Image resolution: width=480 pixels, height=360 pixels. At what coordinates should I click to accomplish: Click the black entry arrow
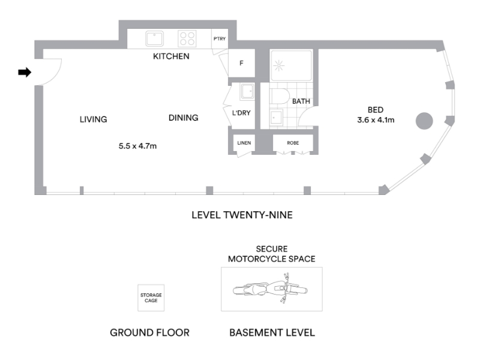[x=25, y=73]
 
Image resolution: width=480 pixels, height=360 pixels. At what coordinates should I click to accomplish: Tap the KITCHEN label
[x=171, y=56]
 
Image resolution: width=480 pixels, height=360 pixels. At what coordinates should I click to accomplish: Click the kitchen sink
[x=154, y=38]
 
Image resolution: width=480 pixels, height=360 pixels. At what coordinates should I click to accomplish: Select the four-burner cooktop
[x=187, y=39]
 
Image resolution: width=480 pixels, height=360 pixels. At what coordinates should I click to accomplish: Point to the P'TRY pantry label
[x=220, y=39]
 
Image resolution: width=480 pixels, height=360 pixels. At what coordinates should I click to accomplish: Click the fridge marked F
[x=242, y=64]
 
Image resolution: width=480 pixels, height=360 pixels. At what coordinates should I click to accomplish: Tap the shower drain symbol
[x=278, y=65]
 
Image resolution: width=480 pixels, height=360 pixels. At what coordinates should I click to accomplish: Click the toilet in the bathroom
[x=280, y=97]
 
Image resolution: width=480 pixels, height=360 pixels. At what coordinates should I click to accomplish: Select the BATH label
[x=301, y=101]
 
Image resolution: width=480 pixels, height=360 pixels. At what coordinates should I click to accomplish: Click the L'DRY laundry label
[x=241, y=113]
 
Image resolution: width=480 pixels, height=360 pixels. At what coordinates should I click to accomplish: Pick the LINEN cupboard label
[x=244, y=143]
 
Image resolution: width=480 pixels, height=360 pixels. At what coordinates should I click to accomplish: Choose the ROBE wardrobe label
[x=293, y=143]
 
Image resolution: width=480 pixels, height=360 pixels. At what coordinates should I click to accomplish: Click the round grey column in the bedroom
[x=424, y=121]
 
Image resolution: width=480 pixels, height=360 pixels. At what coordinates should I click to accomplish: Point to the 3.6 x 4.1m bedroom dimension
[x=376, y=120]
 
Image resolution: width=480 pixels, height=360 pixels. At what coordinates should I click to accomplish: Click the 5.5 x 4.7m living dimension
[x=137, y=146]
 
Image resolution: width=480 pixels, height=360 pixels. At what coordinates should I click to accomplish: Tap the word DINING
[x=184, y=118]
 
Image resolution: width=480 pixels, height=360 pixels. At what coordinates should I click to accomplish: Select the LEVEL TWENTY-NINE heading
[x=242, y=215]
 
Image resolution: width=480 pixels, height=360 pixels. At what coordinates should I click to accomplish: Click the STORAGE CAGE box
[x=151, y=298]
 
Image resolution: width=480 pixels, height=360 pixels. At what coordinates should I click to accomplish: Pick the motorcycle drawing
[x=271, y=289]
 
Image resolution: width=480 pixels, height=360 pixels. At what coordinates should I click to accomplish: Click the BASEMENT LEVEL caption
[x=272, y=333]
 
